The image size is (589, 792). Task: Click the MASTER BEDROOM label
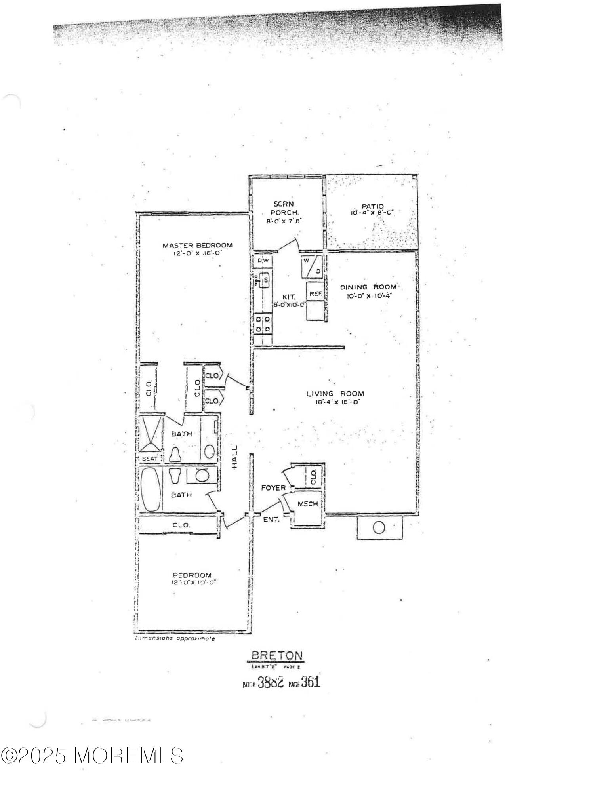pyautogui.click(x=197, y=245)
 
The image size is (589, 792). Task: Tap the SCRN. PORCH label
pyautogui.click(x=284, y=208)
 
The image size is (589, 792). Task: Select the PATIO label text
pyautogui.click(x=372, y=206)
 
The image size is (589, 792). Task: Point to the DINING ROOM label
pyautogui.click(x=368, y=287)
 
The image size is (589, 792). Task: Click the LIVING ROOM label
pyautogui.click(x=335, y=393)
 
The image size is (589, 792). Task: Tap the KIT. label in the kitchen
pyautogui.click(x=288, y=297)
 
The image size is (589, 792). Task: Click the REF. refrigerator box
pyautogui.click(x=316, y=294)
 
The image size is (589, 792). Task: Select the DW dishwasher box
pyautogui.click(x=263, y=261)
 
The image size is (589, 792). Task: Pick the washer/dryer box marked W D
pyautogui.click(x=312, y=266)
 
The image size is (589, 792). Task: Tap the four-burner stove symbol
pyautogui.click(x=263, y=324)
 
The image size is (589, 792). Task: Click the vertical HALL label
pyautogui.click(x=234, y=457)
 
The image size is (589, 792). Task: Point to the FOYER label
pyautogui.click(x=273, y=488)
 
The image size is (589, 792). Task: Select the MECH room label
pyautogui.click(x=308, y=504)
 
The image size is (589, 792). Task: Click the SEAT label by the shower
pyautogui.click(x=150, y=459)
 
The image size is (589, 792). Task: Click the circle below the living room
pyautogui.click(x=379, y=527)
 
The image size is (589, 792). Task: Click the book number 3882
pyautogui.click(x=271, y=682)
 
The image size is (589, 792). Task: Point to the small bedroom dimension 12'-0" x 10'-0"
pyautogui.click(x=193, y=583)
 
